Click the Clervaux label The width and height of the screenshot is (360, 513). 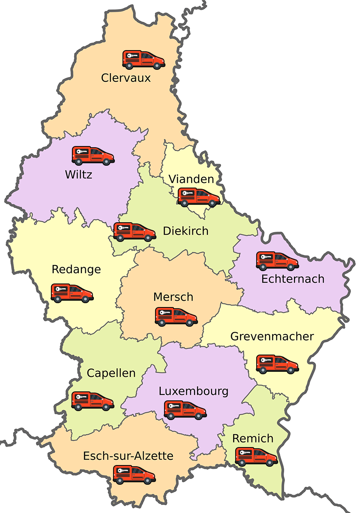(126, 78)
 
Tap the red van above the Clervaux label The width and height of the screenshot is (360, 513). (144, 60)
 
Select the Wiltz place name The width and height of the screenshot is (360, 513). (78, 175)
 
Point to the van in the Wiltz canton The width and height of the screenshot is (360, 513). (93, 156)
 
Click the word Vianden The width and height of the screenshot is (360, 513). (191, 179)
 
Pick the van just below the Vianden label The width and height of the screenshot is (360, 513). (199, 197)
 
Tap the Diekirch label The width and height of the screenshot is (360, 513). (186, 231)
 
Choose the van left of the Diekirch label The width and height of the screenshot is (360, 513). (135, 232)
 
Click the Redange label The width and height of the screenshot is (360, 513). (76, 270)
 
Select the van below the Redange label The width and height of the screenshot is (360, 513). (72, 293)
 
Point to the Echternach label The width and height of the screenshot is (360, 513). (293, 279)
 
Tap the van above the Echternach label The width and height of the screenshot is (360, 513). (277, 261)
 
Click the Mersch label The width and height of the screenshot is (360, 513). (173, 297)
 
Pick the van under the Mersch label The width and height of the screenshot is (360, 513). (176, 316)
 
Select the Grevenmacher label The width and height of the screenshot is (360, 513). (272, 337)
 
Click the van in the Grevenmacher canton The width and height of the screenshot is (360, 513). (277, 364)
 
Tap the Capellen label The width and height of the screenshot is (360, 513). (111, 373)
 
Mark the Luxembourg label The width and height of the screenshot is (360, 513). (193, 391)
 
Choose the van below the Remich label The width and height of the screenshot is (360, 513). (256, 457)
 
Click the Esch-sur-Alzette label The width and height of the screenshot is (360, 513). (128, 456)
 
